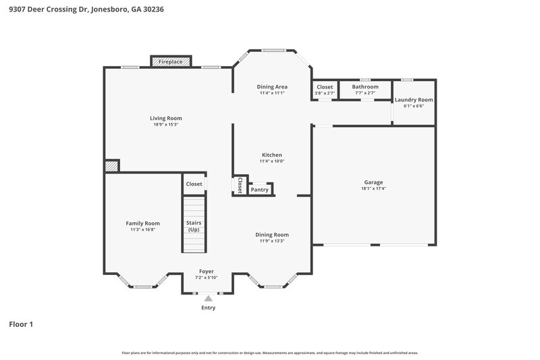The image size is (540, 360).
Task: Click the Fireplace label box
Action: [x=170, y=61]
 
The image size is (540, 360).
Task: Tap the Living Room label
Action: [x=165, y=118]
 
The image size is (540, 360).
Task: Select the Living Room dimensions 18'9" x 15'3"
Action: [x=165, y=124]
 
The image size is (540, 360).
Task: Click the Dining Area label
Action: [x=272, y=86]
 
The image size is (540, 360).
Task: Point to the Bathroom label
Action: [x=366, y=86]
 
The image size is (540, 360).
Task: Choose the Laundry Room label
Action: [x=414, y=99]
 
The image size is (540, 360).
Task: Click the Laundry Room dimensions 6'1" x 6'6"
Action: [x=414, y=106]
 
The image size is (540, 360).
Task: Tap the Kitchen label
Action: [x=272, y=155]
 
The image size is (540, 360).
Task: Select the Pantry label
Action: [x=259, y=190]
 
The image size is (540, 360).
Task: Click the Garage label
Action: [x=373, y=182]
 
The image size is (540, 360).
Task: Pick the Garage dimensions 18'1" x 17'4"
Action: [x=373, y=188]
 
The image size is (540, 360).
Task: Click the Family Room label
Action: [x=142, y=223]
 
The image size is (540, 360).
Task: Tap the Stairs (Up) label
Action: [x=194, y=226]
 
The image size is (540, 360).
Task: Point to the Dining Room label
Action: [x=272, y=234]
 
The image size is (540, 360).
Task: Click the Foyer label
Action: [x=207, y=272]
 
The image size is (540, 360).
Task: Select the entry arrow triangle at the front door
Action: [x=209, y=297]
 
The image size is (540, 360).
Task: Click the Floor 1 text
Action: [x=21, y=324]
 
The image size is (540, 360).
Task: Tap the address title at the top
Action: [x=86, y=10]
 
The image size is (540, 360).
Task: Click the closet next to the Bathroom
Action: [x=325, y=89]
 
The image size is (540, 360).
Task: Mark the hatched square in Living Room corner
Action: [x=111, y=166]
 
